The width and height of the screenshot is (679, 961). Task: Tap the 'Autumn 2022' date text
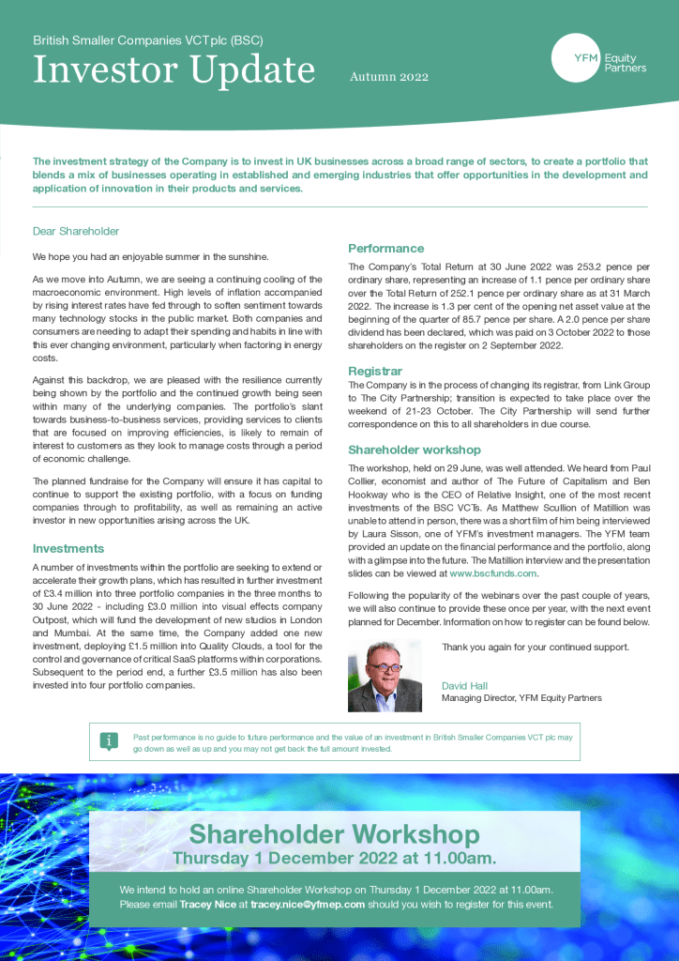(x=388, y=76)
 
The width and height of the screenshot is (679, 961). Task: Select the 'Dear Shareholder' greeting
(x=76, y=231)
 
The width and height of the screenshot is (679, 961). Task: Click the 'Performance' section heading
(x=385, y=249)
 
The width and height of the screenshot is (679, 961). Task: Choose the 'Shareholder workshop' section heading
(x=415, y=450)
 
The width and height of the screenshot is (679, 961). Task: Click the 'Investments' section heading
(x=68, y=548)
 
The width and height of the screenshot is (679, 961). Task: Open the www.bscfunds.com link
(x=493, y=572)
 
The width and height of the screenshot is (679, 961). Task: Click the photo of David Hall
(x=385, y=675)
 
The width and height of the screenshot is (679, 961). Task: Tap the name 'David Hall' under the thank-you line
(x=465, y=685)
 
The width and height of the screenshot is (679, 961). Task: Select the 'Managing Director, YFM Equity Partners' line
(x=521, y=698)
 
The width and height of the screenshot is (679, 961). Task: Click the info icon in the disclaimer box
(x=110, y=741)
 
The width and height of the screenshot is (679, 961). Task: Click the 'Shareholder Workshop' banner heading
(x=334, y=834)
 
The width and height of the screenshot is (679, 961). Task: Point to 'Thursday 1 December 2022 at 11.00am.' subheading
(x=334, y=858)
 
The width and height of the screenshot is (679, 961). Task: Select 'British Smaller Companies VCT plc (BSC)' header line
(x=147, y=41)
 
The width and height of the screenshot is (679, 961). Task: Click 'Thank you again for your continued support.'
(x=536, y=647)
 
